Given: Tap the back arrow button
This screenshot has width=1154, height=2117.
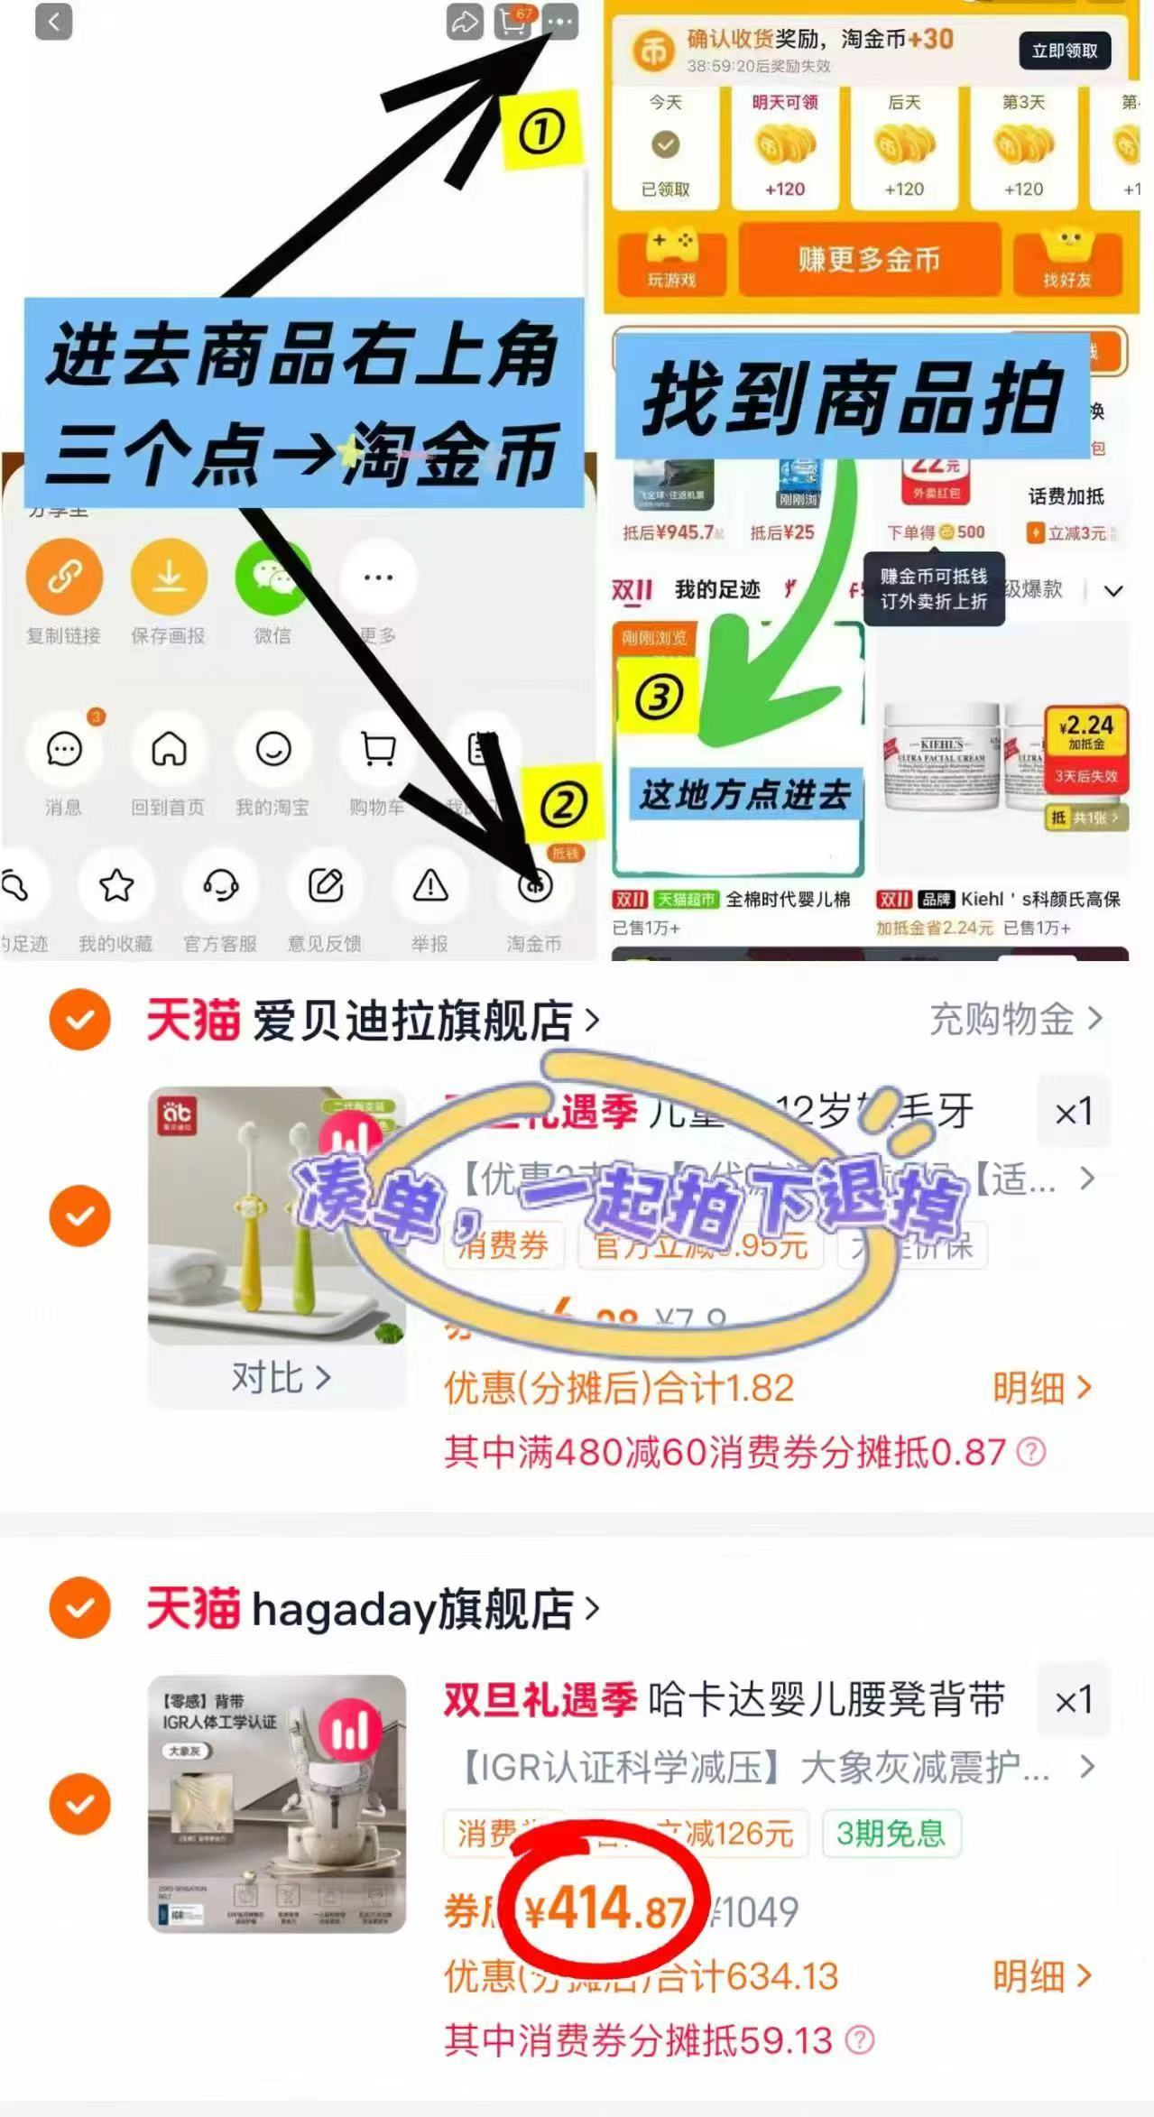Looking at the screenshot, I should tap(53, 22).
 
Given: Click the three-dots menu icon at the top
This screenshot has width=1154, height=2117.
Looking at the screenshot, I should tap(560, 22).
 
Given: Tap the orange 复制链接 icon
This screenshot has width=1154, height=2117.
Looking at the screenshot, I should tap(64, 577).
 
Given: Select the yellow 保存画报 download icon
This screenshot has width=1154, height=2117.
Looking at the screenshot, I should tap(169, 577).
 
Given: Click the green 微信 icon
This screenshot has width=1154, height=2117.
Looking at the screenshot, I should tap(272, 577).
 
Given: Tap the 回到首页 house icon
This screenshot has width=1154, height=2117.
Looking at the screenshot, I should tap(169, 749).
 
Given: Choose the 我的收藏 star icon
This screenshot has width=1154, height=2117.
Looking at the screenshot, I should tap(116, 886).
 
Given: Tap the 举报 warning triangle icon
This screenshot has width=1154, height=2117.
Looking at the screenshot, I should tap(430, 886).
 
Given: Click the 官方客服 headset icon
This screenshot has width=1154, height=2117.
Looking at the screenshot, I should tap(221, 886).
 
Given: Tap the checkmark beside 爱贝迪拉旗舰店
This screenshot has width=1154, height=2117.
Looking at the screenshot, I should tap(80, 1020).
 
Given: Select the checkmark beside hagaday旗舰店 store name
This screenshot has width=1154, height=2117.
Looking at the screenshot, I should tap(80, 1607).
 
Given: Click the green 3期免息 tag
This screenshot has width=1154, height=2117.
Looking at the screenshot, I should tap(891, 1833).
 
